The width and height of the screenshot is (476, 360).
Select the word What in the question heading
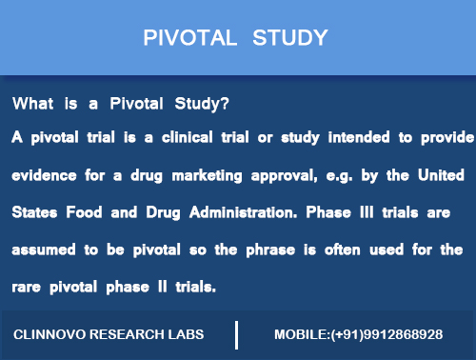point(32,103)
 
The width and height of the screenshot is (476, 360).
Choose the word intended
point(359,137)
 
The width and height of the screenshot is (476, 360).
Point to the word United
point(438,177)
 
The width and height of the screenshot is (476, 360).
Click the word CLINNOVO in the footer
point(50,335)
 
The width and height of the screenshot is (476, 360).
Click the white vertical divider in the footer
point(236,335)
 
